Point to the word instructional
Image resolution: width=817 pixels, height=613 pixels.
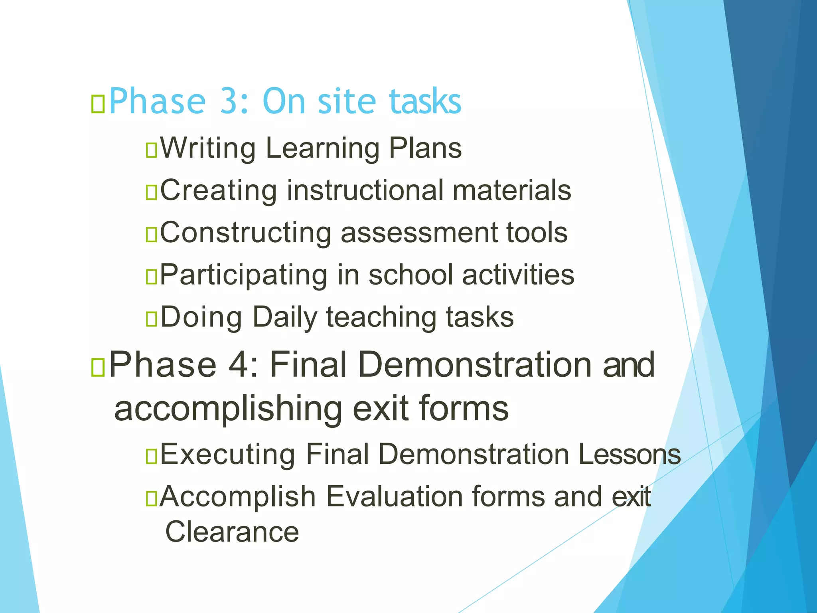365,190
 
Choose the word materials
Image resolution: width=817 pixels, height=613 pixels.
512,190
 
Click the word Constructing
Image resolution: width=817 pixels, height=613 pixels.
245,233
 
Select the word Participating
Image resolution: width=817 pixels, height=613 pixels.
243,275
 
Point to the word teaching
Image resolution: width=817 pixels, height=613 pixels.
382,318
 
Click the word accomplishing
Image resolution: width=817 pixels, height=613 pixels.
228,409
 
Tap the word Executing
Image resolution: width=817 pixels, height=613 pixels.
228,455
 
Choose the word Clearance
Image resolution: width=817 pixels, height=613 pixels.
232,532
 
